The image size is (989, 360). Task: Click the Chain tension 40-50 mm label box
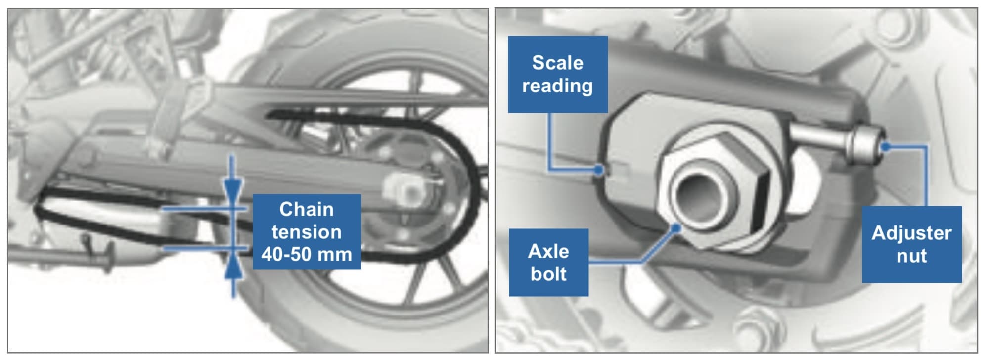point(307,231)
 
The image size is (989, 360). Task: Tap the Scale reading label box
point(558,74)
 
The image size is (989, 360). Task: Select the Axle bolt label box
point(549,262)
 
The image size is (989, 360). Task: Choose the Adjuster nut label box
point(912,244)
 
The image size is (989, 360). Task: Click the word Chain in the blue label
point(307,209)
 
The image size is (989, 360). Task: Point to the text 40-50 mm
point(307,254)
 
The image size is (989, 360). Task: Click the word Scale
point(558,63)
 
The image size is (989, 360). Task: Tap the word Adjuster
point(912,233)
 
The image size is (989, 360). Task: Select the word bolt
point(549,273)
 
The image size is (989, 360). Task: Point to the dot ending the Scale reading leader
point(599,170)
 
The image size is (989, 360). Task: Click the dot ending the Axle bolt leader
point(676,228)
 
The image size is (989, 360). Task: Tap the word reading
point(558,86)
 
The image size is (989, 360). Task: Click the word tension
point(307,231)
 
